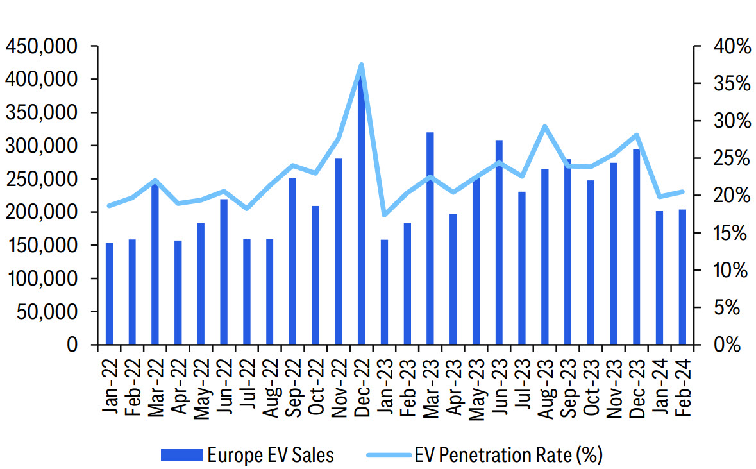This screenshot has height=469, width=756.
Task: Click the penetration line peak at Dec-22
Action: [361, 65]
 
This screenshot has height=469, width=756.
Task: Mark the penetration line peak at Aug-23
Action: [544, 126]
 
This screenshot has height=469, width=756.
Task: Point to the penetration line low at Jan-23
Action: [384, 214]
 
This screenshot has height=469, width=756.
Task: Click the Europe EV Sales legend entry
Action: [248, 455]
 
